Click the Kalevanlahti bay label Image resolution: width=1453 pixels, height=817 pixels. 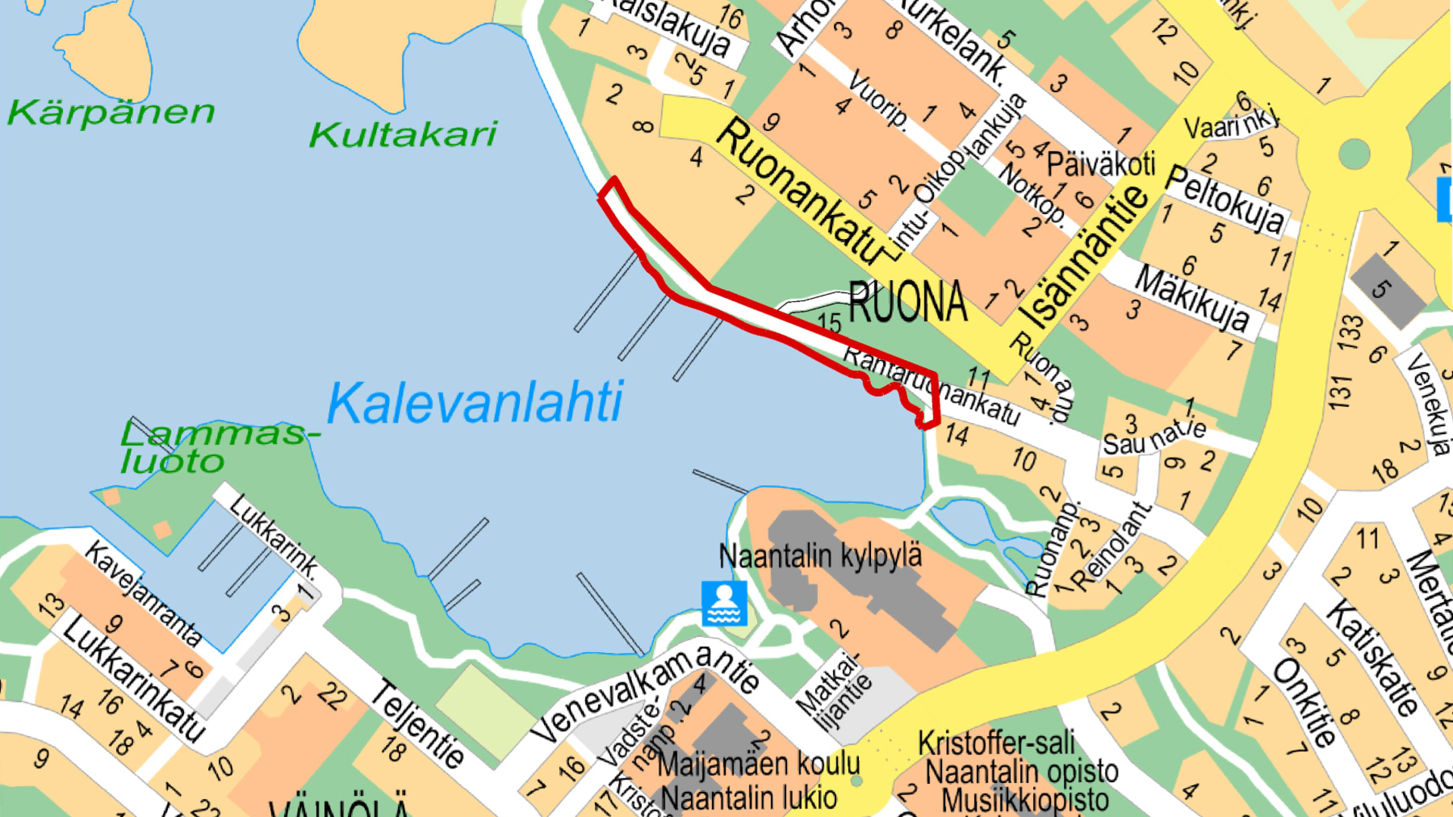point(475,402)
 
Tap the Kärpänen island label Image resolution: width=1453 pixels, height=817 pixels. point(111,112)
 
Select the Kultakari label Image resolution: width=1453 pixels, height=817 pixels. point(403,135)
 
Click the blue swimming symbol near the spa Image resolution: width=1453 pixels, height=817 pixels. point(723,603)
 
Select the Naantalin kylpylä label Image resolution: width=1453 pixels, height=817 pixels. point(820,556)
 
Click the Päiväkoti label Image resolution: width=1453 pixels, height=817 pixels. point(1100,163)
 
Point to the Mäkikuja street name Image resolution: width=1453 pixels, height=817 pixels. point(1192,299)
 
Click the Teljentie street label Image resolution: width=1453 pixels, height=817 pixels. point(418,724)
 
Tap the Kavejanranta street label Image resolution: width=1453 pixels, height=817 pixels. point(143,593)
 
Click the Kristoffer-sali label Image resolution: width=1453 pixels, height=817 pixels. point(996,743)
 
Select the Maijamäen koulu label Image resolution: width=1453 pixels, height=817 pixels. point(758,764)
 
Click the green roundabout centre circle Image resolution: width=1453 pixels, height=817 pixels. point(1354,154)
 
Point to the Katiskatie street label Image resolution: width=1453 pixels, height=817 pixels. point(1371,657)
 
